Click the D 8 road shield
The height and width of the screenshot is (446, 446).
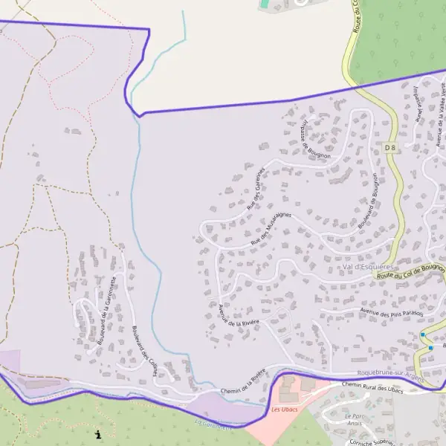pos(391,149)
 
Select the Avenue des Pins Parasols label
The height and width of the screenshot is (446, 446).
pos(391,314)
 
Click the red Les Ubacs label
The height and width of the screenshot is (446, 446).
pos(284,410)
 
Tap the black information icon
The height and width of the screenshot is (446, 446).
pos(98,433)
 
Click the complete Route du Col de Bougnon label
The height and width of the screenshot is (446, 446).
pos(410,271)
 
